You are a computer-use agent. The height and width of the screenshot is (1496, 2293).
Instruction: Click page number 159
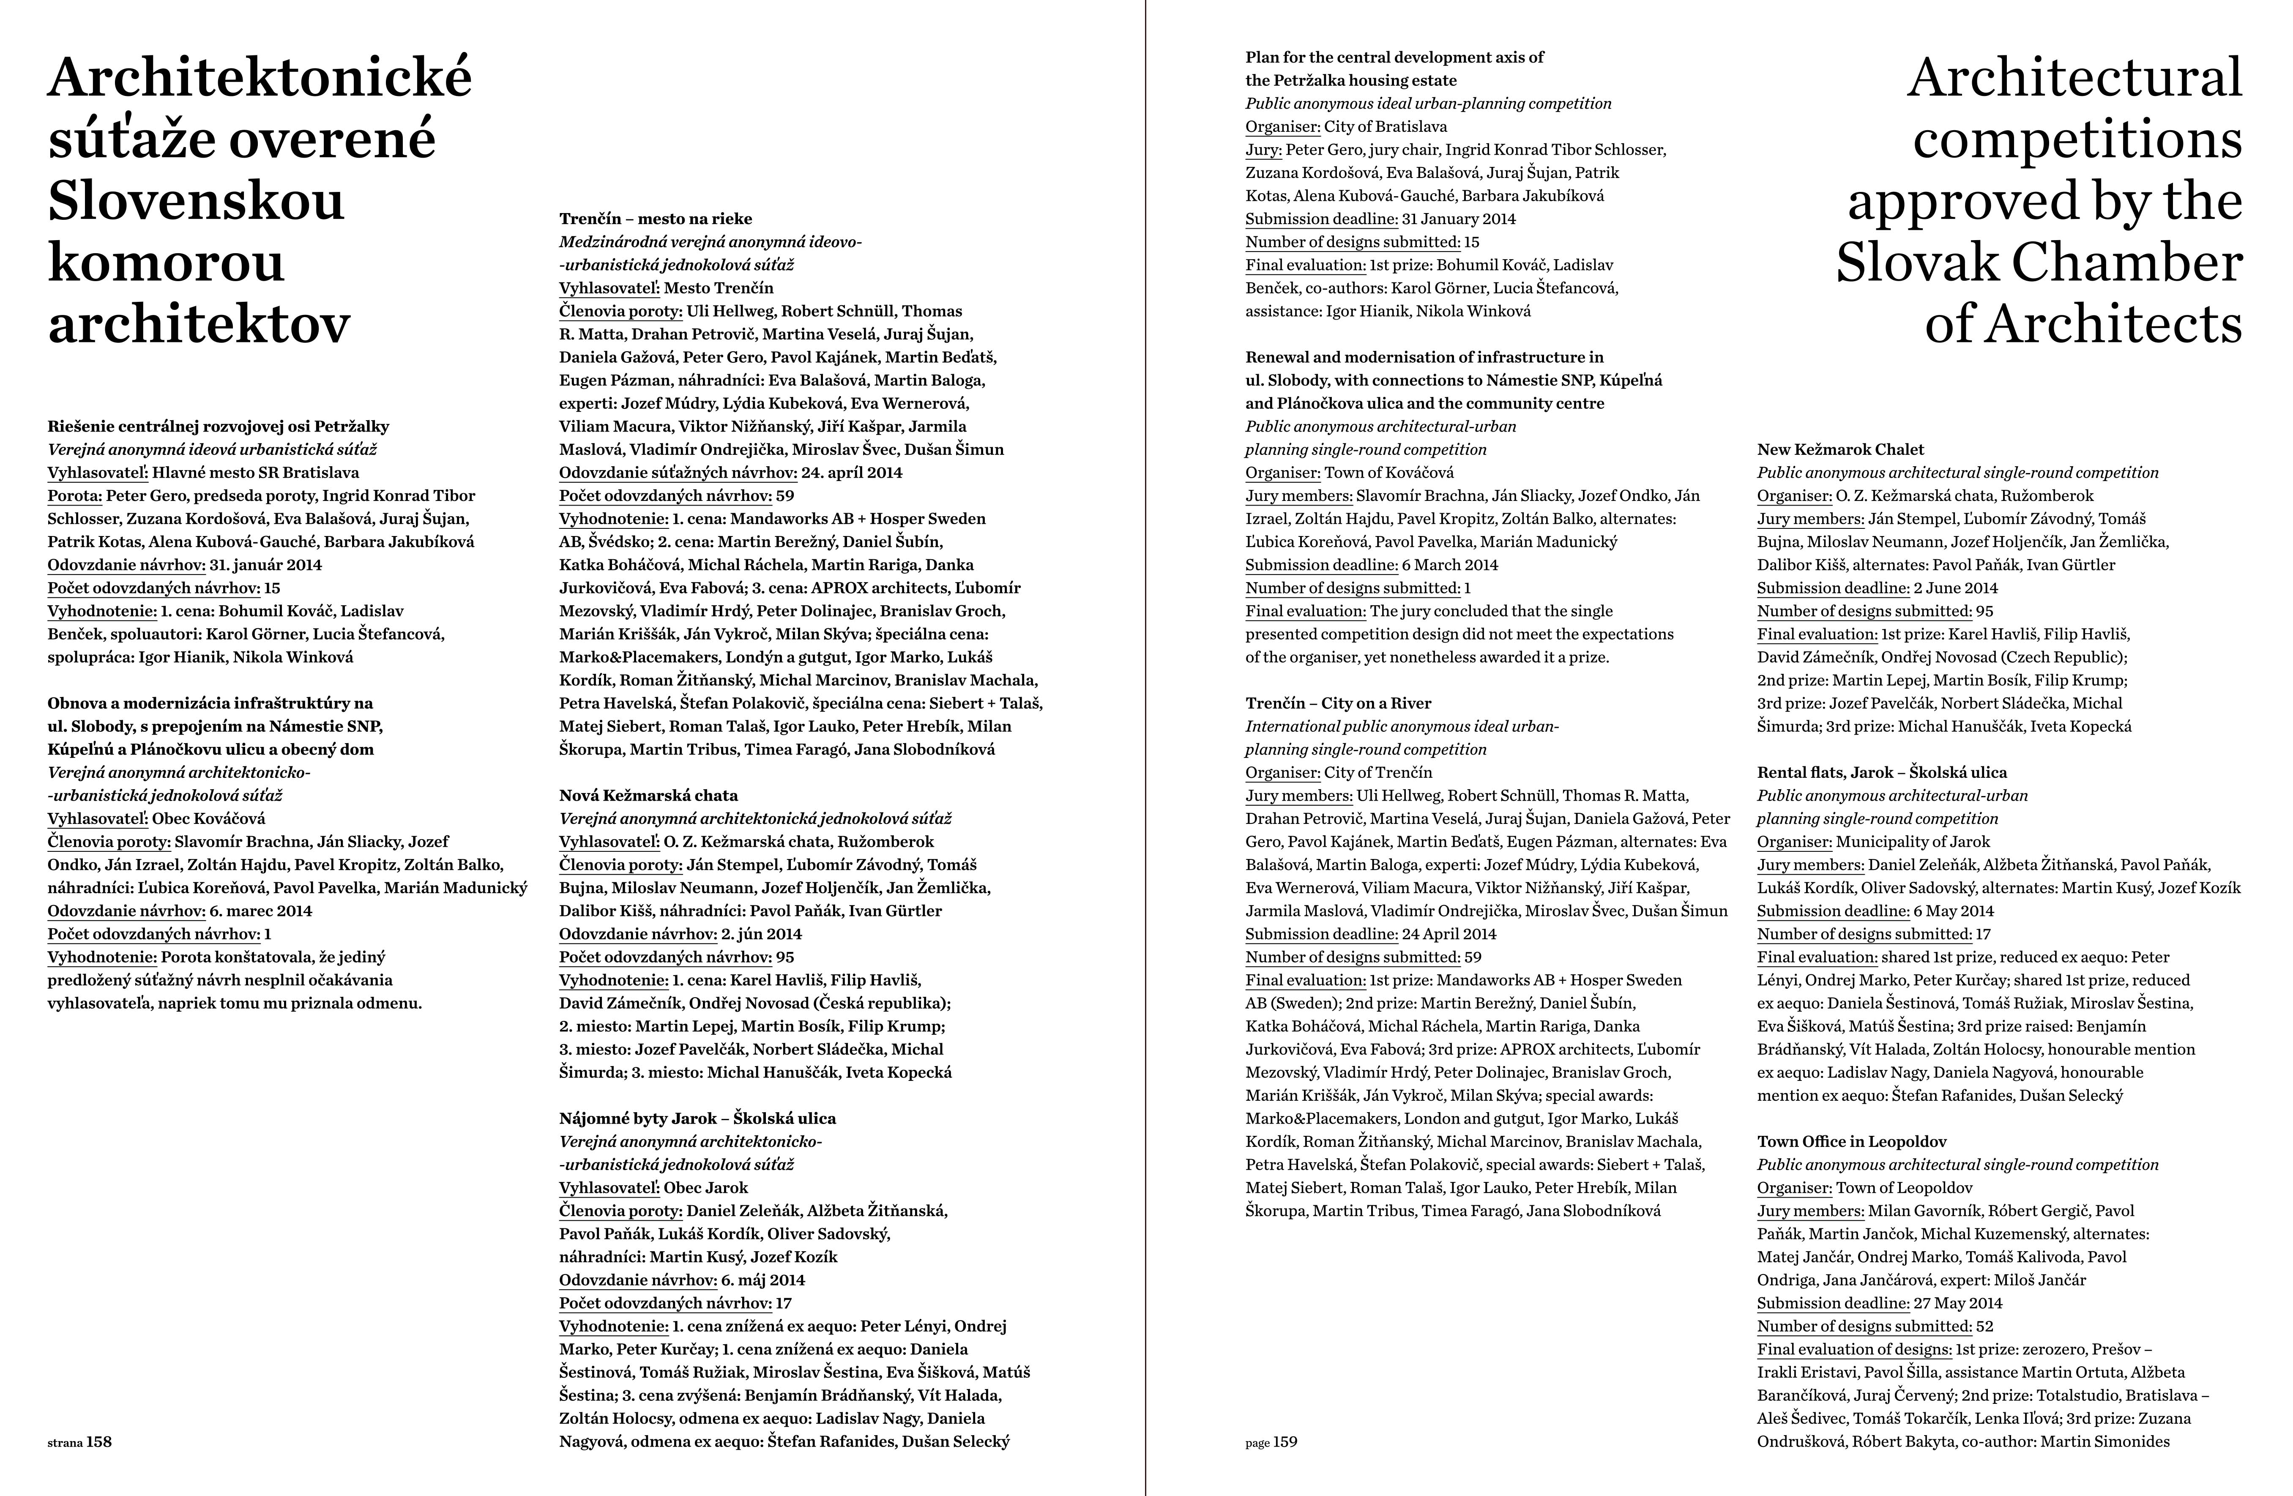(x=1285, y=1442)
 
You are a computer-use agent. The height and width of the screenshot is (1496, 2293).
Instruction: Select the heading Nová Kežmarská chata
(x=648, y=796)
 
